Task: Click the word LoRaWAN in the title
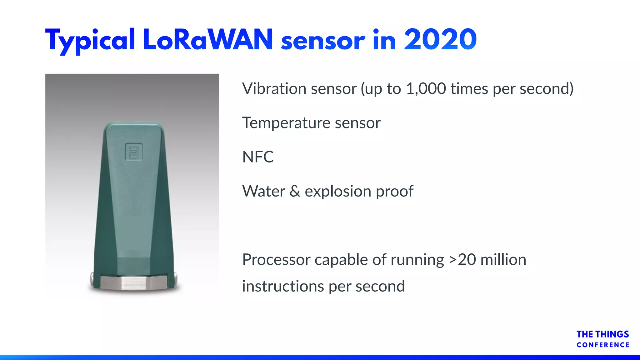208,40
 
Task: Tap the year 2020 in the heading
440,40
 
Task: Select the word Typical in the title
90,41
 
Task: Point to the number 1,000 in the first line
426,89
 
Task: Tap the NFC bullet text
258,157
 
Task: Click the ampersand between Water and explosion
295,191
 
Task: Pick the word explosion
337,191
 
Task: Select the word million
503,260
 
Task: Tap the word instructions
283,286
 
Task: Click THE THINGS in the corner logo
602,334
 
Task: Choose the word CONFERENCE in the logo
603,345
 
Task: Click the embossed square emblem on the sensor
134,152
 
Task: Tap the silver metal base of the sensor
134,283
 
